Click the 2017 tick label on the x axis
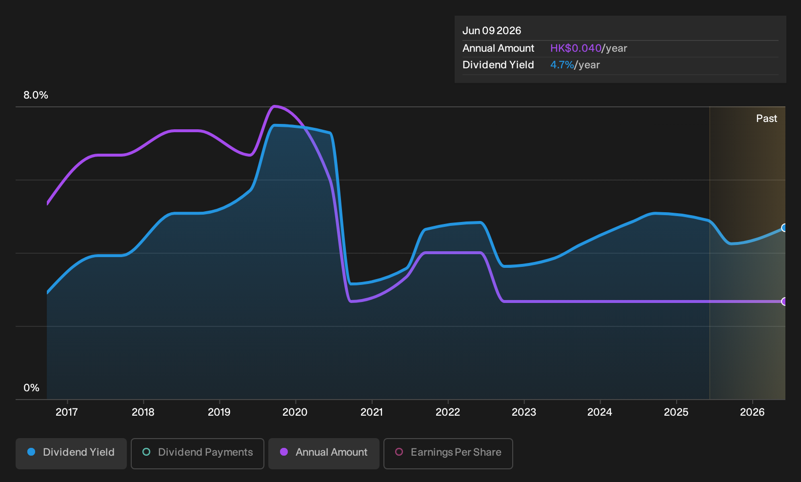(67, 412)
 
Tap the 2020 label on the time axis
(295, 412)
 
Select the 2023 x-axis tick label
(524, 412)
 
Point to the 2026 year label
(752, 412)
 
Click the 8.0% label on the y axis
(36, 95)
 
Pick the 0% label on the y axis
(32, 388)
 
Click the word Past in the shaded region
(766, 119)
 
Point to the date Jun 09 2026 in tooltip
(492, 31)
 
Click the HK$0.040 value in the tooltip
(576, 48)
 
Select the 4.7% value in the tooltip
(562, 65)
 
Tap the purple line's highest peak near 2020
(274, 106)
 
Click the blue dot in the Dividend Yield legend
(32, 452)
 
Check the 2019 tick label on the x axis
(219, 412)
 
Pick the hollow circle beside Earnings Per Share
(399, 452)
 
